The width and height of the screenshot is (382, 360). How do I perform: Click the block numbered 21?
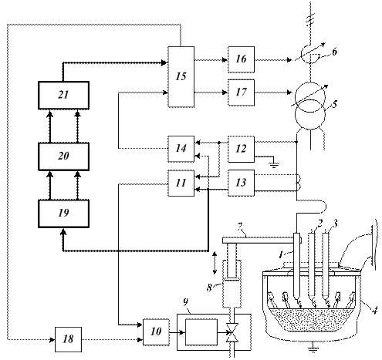63,96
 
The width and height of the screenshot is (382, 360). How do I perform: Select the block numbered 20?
63,156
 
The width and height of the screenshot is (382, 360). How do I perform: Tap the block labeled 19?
63,214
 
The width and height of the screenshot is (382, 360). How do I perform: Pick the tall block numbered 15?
181,76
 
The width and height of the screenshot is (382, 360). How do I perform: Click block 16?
241,59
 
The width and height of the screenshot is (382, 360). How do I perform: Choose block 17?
241,93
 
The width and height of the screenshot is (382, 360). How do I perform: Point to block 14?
181,149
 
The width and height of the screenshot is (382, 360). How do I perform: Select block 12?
241,149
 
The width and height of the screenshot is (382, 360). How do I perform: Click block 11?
181,183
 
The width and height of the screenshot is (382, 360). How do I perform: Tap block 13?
241,183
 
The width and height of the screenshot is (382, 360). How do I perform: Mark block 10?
156,332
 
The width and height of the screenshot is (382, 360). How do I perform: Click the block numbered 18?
68,339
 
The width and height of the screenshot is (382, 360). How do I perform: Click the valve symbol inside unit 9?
232,333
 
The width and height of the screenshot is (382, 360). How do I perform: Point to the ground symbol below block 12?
274,165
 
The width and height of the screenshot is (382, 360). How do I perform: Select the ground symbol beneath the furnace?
313,349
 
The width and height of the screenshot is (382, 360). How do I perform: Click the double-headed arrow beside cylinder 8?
215,263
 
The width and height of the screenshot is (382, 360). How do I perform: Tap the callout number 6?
334,52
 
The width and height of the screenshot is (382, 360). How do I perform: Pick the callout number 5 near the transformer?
334,104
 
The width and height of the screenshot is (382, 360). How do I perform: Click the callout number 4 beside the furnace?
374,311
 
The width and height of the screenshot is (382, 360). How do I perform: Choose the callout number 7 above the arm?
240,227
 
